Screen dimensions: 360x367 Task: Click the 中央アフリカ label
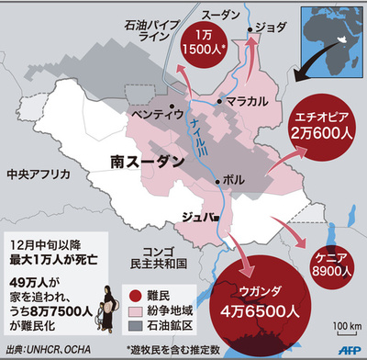coord(32,174)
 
